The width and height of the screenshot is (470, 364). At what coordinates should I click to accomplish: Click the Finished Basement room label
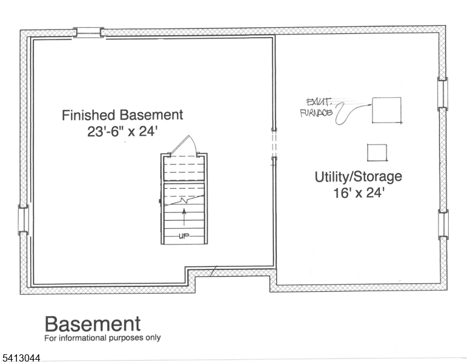[x=122, y=115]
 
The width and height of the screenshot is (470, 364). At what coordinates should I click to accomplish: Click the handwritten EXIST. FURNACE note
[x=317, y=107]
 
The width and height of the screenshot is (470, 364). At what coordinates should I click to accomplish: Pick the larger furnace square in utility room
[x=386, y=110]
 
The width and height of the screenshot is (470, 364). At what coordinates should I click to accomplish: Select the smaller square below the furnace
[x=377, y=153]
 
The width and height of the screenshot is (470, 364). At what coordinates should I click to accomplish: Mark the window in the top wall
[x=88, y=32]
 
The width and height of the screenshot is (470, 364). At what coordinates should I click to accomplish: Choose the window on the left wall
[x=23, y=220]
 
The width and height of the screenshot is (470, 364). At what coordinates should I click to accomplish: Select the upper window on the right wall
[x=443, y=93]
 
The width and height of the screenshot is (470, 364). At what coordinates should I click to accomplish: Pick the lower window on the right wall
[x=443, y=224]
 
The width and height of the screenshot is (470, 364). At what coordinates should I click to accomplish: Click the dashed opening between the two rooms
[x=274, y=145]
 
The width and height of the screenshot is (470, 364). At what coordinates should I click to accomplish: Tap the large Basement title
[x=92, y=324]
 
